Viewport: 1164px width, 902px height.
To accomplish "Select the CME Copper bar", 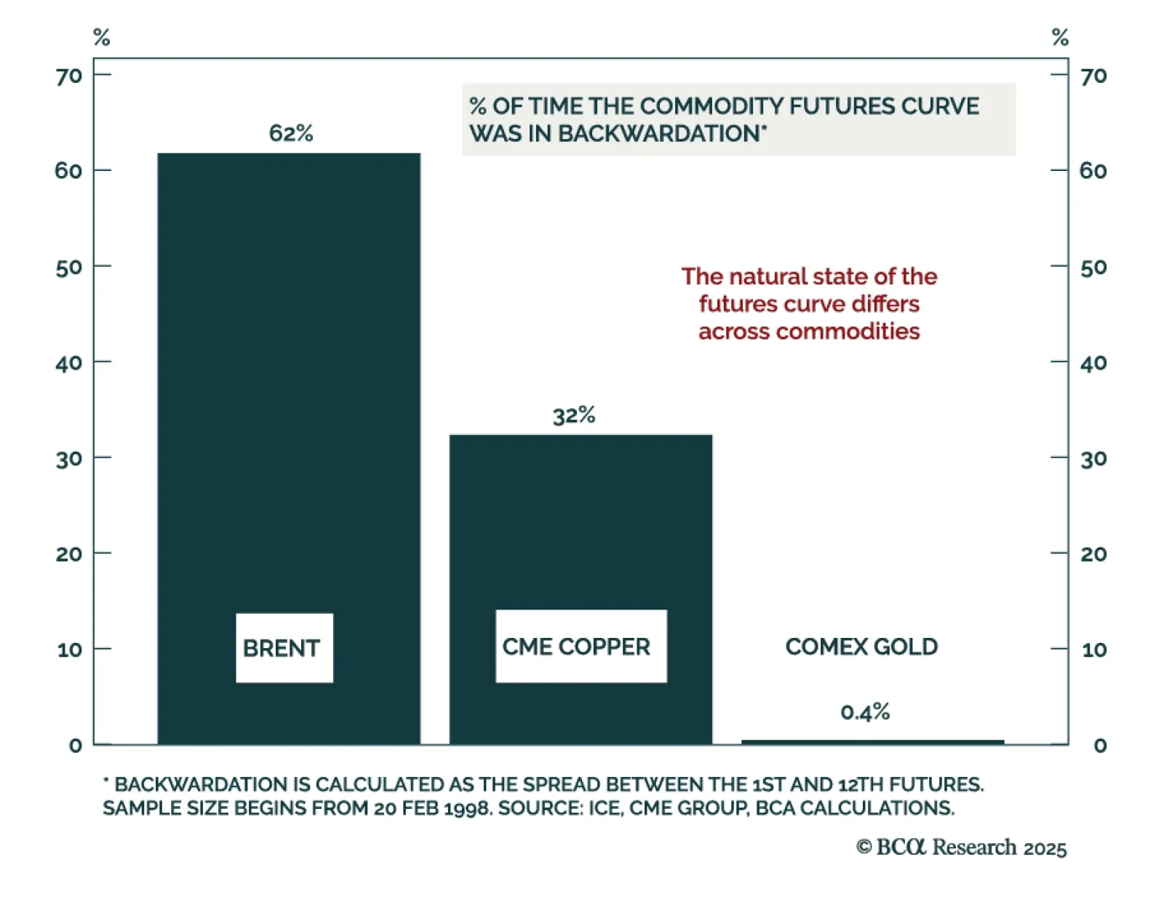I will pyautogui.click(x=581, y=524).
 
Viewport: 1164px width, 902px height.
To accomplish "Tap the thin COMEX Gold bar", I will pyautogui.click(x=872, y=742).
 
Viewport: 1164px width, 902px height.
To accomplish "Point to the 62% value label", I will pyautogui.click(x=291, y=133).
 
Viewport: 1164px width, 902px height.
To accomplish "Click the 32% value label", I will pyautogui.click(x=574, y=415).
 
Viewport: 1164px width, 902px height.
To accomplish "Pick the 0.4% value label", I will pyautogui.click(x=865, y=711).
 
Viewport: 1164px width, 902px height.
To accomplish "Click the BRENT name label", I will pyautogui.click(x=282, y=648).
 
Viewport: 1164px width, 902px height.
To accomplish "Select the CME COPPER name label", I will pyautogui.click(x=576, y=647).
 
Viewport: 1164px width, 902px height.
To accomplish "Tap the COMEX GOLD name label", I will pyautogui.click(x=861, y=647).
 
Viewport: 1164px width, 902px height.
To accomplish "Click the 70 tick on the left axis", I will pyautogui.click(x=69, y=76).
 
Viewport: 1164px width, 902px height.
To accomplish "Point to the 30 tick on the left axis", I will pyautogui.click(x=69, y=459).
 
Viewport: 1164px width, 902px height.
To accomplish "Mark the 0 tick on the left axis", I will pyautogui.click(x=75, y=746).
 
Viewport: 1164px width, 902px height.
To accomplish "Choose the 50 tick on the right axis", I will pyautogui.click(x=1093, y=268).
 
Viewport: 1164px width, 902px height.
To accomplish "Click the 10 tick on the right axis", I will pyautogui.click(x=1093, y=650).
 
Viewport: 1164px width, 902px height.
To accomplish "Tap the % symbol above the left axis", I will pyautogui.click(x=102, y=37).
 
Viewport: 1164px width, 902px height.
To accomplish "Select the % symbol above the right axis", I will pyautogui.click(x=1060, y=37).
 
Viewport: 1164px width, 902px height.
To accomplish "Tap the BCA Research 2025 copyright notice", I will pyautogui.click(x=961, y=847).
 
